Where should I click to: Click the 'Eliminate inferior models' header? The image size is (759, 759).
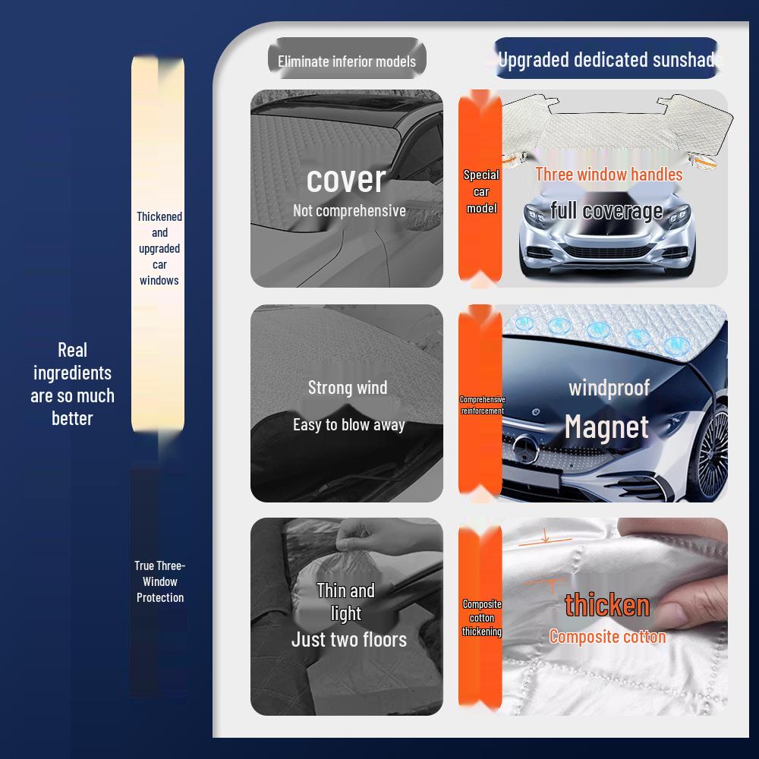tap(347, 61)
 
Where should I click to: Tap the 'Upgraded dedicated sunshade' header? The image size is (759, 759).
tap(607, 59)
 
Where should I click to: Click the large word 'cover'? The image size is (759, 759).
tap(346, 179)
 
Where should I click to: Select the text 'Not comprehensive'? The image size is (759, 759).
tap(349, 211)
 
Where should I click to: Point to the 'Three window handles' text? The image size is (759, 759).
tap(609, 174)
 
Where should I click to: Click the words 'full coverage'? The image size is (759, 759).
tap(606, 210)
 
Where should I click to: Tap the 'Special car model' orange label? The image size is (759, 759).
tap(481, 191)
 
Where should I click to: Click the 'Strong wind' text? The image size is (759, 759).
tap(348, 388)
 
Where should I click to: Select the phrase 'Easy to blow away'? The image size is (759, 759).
tap(349, 425)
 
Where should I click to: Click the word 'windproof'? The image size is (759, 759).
tap(609, 388)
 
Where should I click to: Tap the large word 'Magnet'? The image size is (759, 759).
tap(606, 427)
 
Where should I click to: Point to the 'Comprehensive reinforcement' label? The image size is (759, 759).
tap(482, 405)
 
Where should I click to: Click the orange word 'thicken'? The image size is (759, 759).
tap(607, 605)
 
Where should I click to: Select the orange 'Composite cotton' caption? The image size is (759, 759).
tap(607, 637)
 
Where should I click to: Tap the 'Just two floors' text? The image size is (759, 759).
tap(349, 640)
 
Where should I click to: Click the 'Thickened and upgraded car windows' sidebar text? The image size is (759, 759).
tap(159, 248)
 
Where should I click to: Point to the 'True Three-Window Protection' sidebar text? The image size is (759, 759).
tap(159, 581)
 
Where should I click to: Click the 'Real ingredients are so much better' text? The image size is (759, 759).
tap(72, 384)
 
